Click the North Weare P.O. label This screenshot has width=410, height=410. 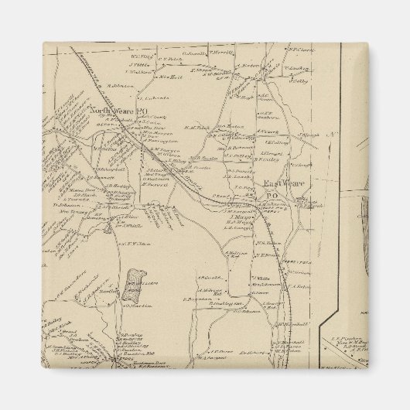tap(118, 111)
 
